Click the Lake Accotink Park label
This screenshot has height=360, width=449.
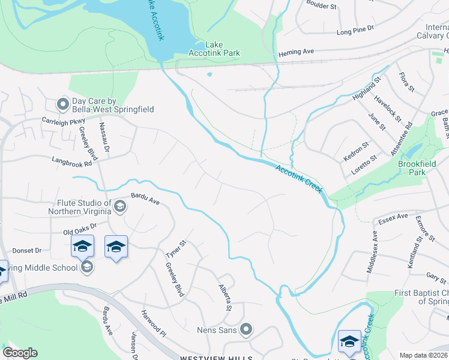tap(222, 49)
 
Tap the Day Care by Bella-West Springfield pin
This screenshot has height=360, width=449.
tap(63, 105)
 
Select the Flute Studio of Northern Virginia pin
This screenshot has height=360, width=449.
tap(119, 207)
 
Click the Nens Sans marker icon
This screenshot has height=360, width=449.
tap(246, 329)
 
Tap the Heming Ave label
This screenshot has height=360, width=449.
tap(300, 52)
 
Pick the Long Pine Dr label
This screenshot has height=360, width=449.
tap(355, 29)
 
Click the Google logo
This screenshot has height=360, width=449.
tap(20, 352)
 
